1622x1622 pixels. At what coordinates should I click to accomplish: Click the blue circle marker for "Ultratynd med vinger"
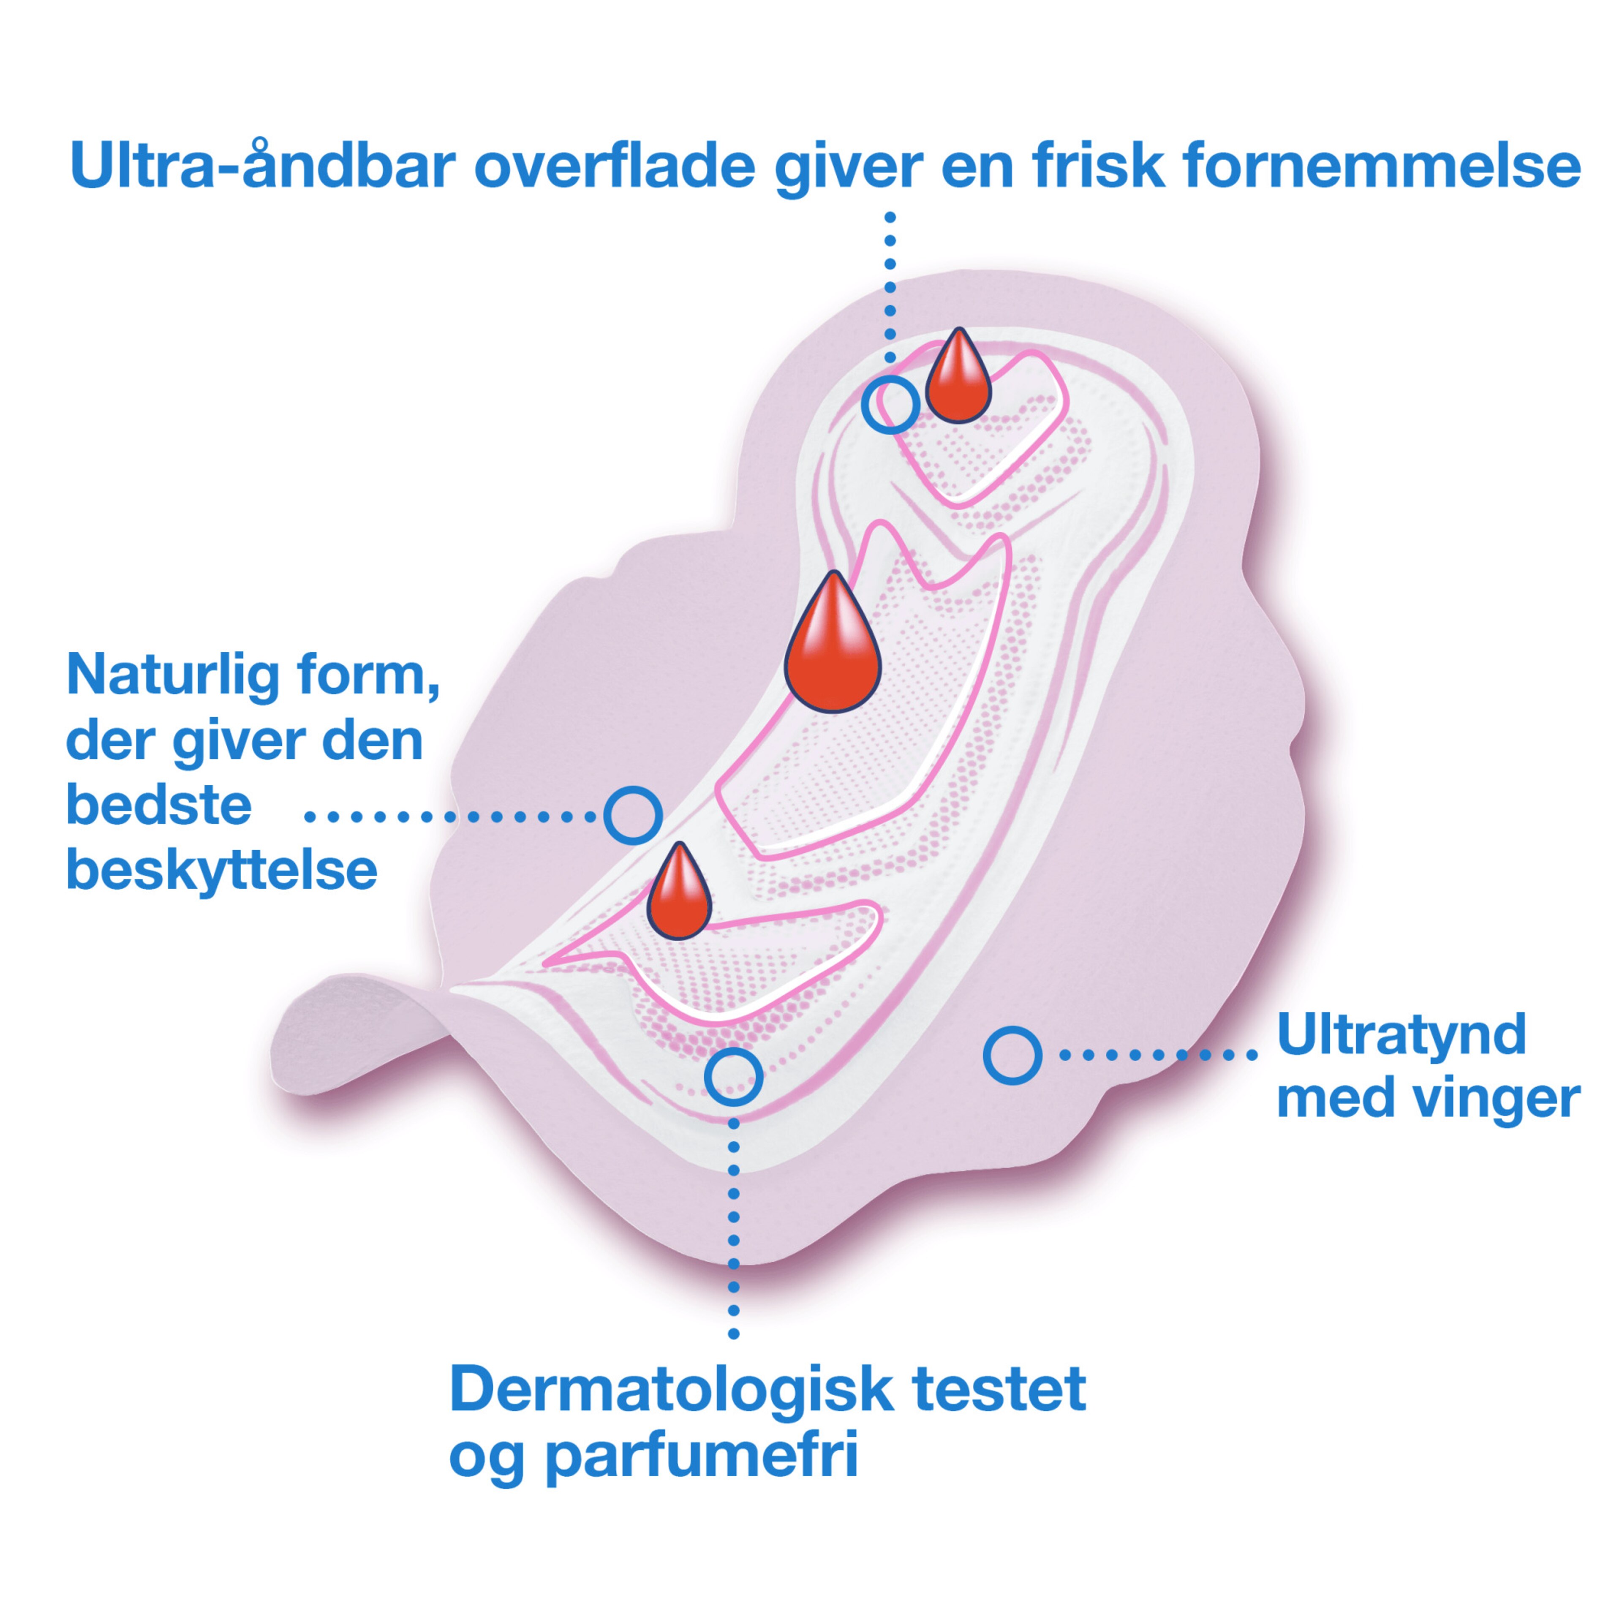pos(1012,1054)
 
